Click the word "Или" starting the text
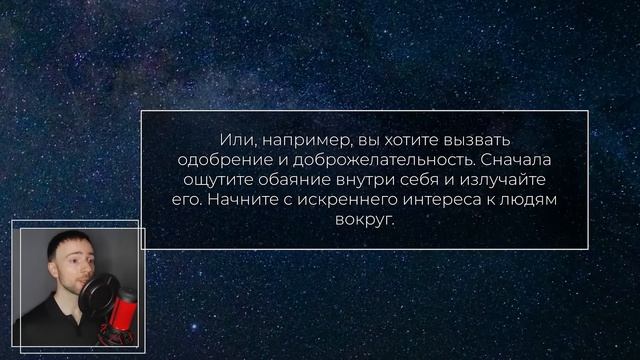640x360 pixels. pos(234,141)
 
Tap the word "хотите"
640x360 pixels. pos(402,141)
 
